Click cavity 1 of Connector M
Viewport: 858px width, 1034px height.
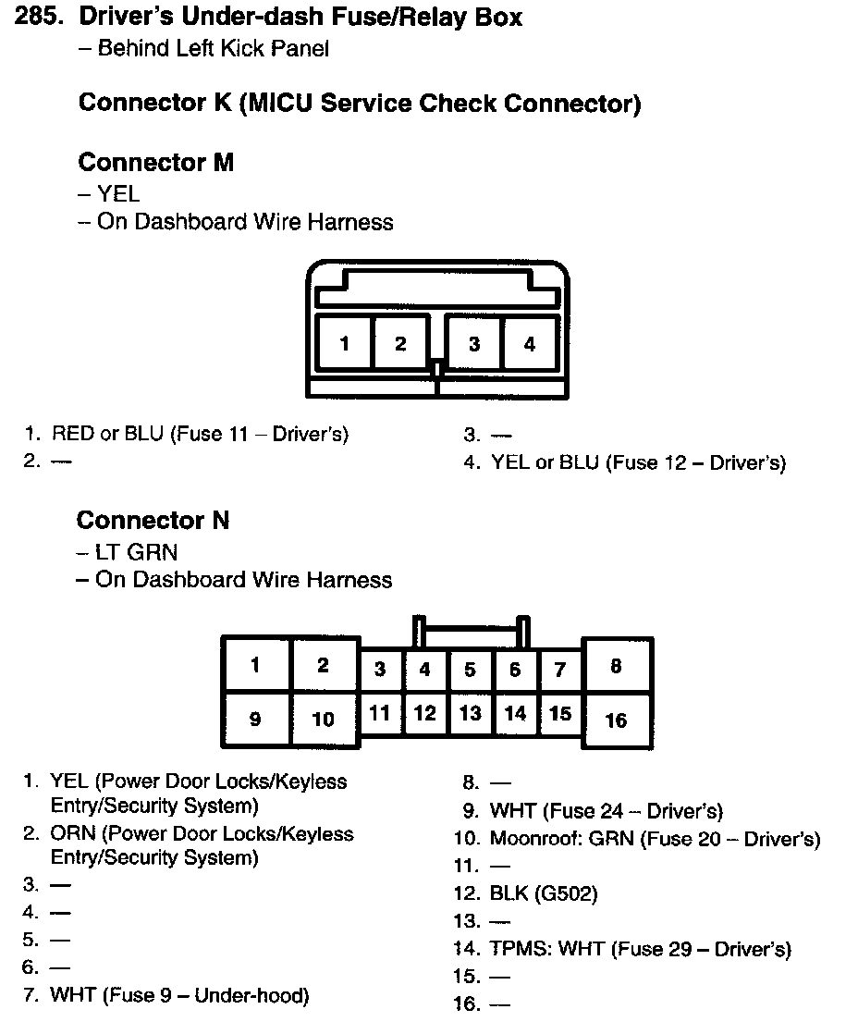point(344,344)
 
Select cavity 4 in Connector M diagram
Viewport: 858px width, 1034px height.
point(530,344)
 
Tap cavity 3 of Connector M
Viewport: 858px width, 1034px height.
point(473,344)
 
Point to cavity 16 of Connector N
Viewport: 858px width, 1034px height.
point(617,720)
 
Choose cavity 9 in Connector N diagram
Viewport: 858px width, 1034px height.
point(255,719)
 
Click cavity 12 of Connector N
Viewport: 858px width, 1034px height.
point(424,713)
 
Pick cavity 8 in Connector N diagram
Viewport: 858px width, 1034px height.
point(617,666)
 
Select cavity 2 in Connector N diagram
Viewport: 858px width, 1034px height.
point(323,665)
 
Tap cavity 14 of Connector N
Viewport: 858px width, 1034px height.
point(515,713)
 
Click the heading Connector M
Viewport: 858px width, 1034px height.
point(155,163)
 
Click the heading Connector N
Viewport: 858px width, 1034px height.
point(153,521)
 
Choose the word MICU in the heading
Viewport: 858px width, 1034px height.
point(277,103)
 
